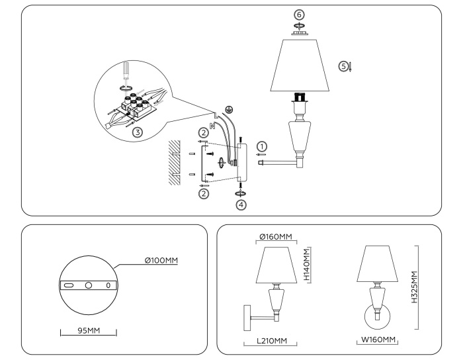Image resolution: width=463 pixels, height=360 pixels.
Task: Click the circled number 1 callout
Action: [x=263, y=146]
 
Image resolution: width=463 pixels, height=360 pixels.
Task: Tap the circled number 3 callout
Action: [x=138, y=132]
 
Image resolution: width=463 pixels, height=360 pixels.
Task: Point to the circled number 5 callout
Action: [x=343, y=66]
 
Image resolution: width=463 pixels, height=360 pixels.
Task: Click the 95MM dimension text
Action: [x=88, y=330]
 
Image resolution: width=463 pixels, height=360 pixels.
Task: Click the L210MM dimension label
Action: [x=273, y=341]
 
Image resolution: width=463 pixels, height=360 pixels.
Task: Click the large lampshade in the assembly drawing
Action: [x=301, y=65]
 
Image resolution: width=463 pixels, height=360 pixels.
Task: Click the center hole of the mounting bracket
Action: [x=88, y=286]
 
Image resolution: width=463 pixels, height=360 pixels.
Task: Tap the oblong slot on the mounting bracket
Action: [x=67, y=286]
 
